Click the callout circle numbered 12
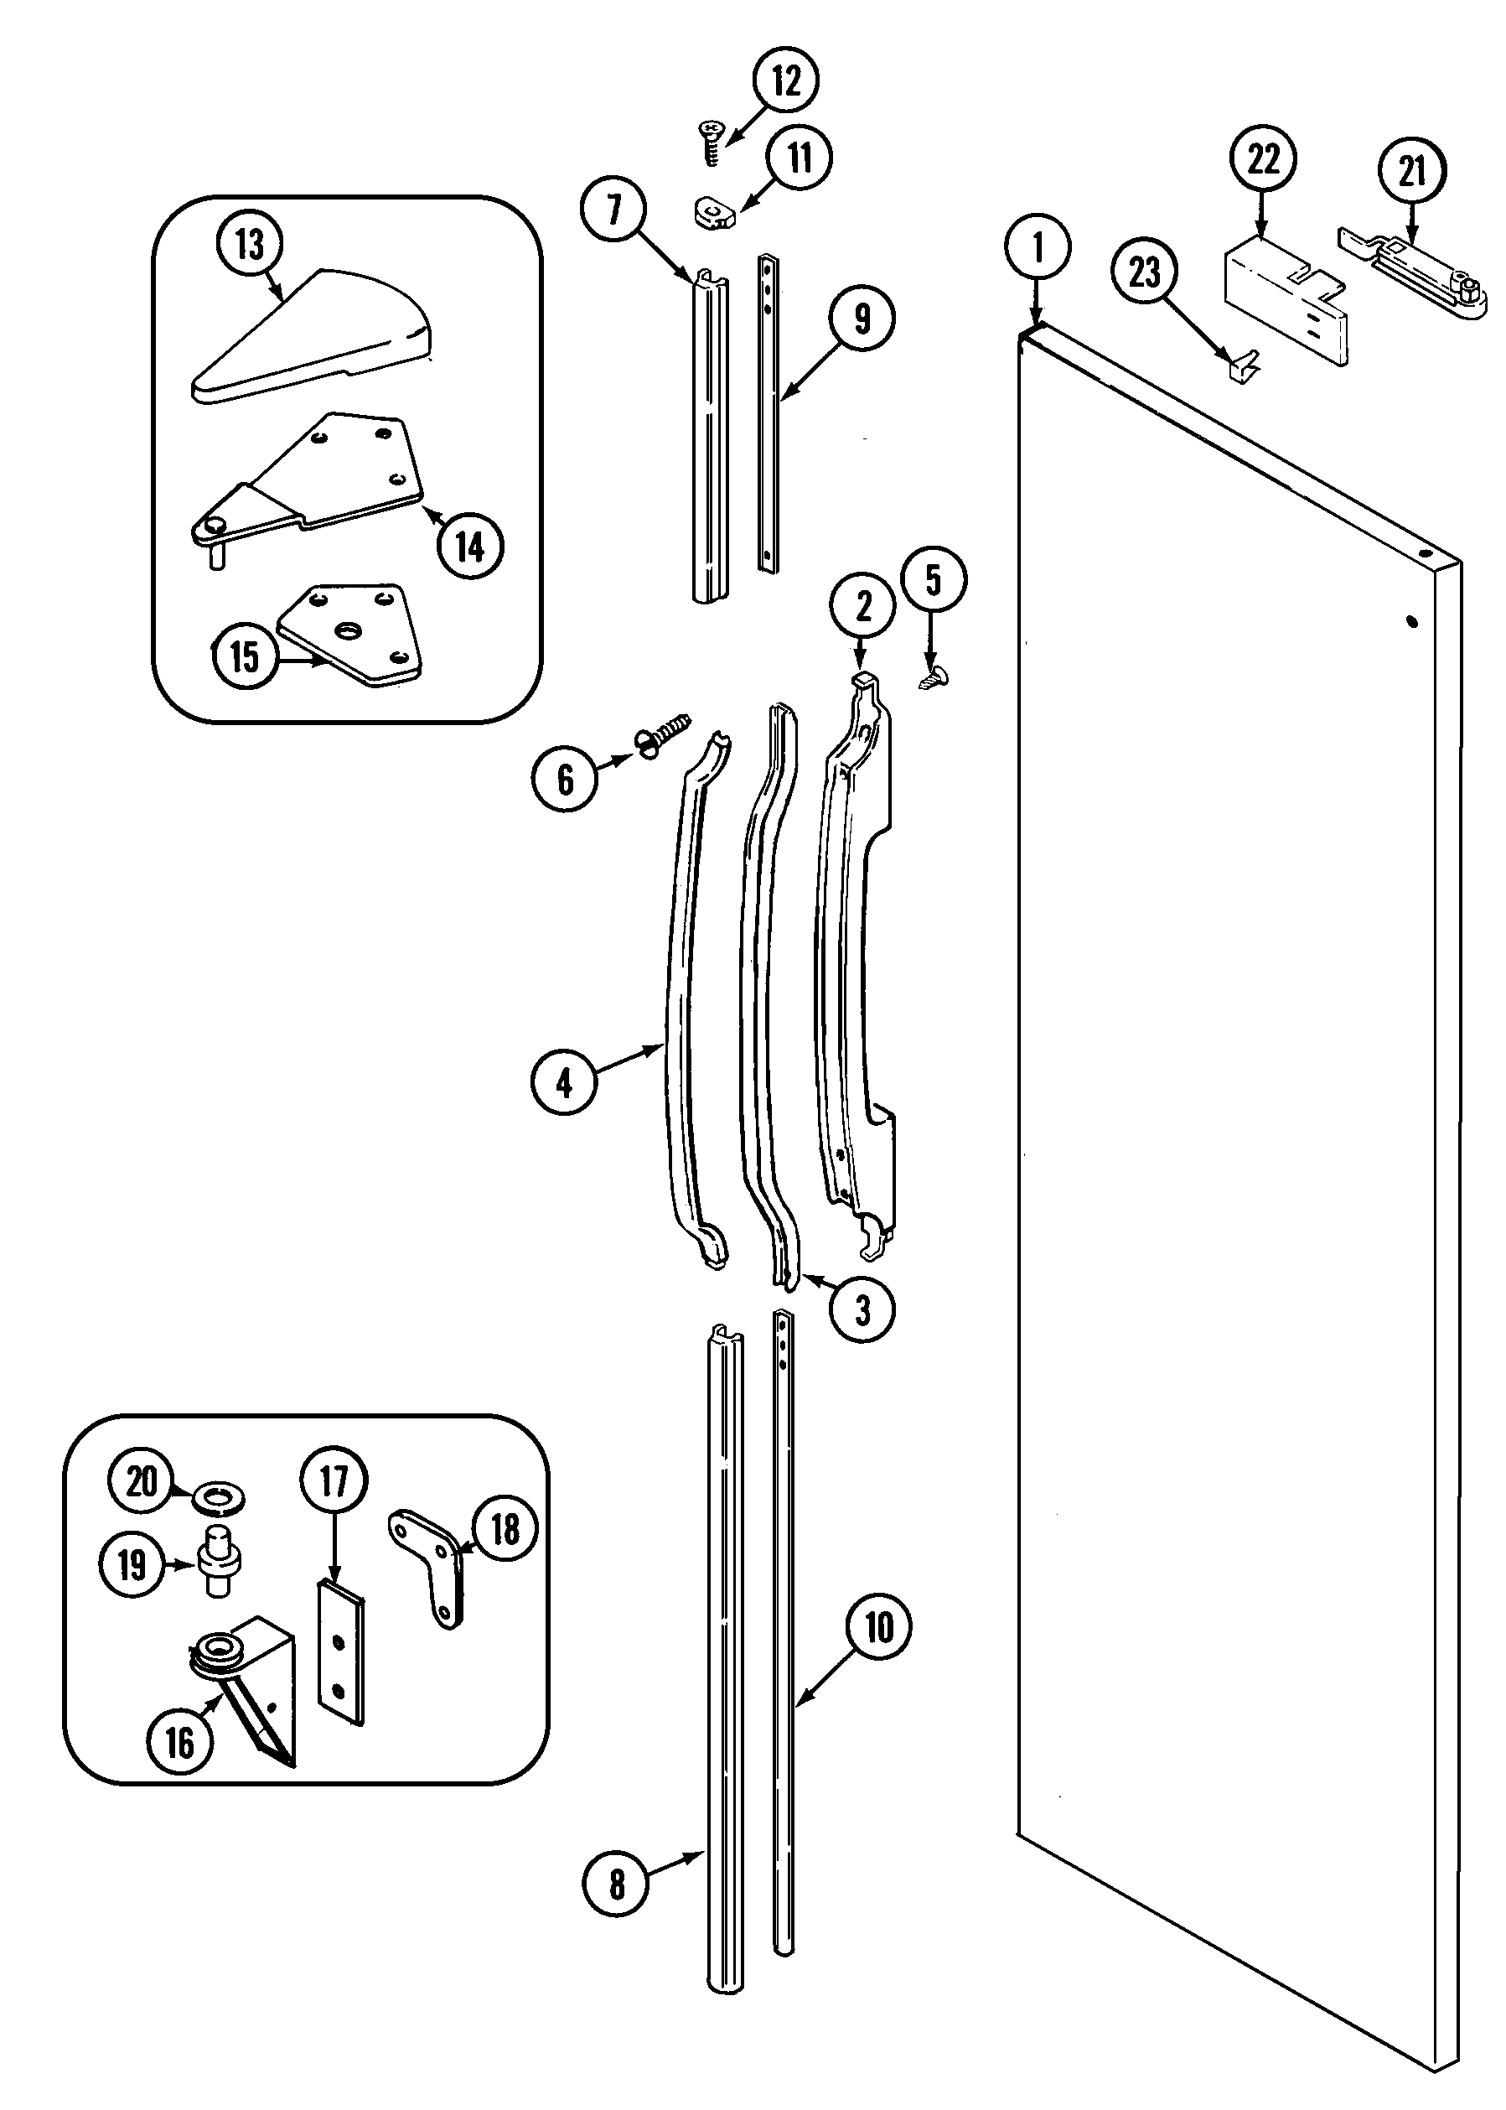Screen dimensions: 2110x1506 click(784, 82)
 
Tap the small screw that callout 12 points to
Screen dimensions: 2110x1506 click(712, 141)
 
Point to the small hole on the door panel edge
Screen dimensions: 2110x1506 click(1411, 622)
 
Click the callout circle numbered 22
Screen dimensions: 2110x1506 click(1263, 159)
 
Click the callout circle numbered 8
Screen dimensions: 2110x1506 click(617, 1884)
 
